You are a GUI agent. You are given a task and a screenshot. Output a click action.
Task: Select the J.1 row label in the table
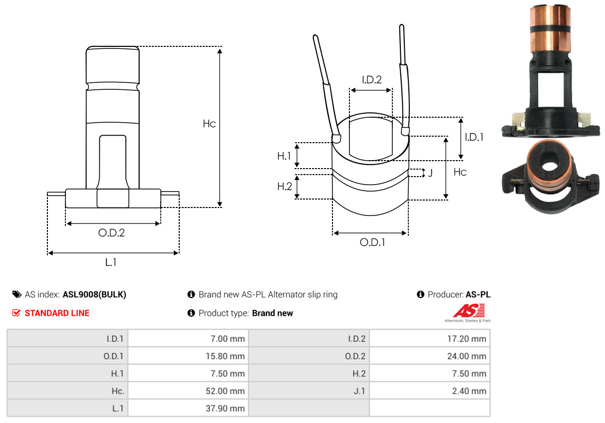[x=359, y=391]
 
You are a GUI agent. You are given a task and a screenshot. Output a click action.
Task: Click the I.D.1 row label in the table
[x=115, y=339]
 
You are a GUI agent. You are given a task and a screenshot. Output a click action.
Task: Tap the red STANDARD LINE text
[x=57, y=313]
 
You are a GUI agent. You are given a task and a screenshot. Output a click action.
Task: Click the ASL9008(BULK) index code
[x=94, y=295]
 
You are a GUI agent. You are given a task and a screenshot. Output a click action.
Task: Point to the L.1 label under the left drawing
[x=111, y=262]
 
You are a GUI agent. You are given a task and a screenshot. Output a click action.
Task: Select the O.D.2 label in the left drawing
[x=111, y=233]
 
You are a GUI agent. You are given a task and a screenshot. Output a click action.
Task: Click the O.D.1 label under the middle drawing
[x=372, y=242]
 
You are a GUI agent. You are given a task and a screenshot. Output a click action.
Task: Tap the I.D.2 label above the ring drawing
[x=371, y=79]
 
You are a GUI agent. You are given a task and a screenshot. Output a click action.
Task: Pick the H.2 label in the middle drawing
[x=284, y=187]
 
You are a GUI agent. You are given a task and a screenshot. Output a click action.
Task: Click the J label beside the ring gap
[x=430, y=174]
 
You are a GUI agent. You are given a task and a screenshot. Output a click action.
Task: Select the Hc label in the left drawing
[x=209, y=123]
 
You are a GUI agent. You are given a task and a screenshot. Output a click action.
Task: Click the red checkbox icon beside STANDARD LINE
[x=16, y=313]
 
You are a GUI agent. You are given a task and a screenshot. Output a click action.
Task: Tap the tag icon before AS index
[x=16, y=295]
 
